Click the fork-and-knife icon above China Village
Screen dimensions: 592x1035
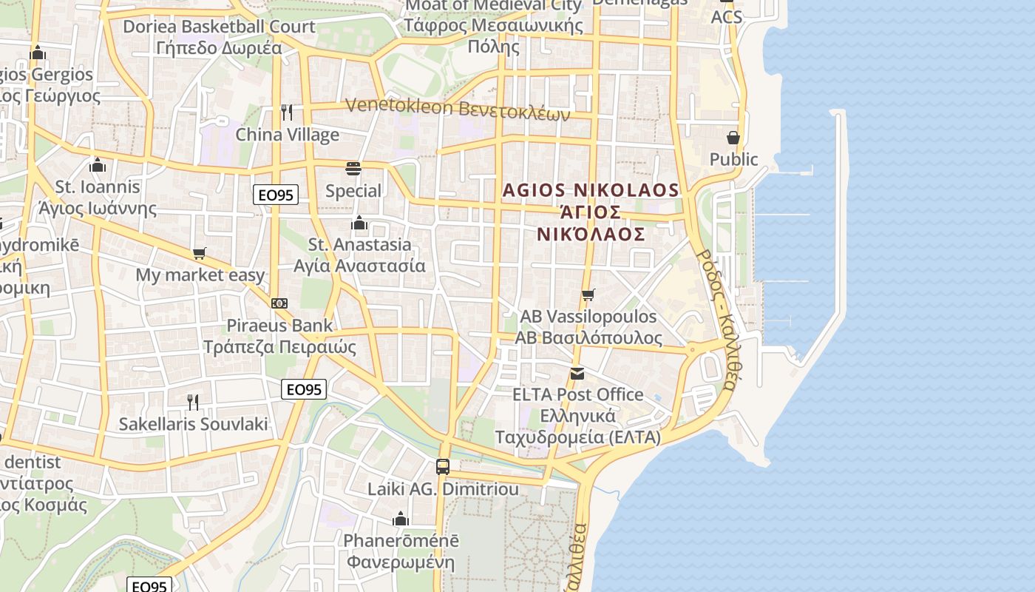coord(287,112)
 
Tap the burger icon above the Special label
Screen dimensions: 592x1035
coord(353,169)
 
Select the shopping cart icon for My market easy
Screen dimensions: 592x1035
coord(199,254)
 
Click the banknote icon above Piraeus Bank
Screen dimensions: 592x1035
coord(279,303)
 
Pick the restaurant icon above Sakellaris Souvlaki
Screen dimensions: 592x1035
coord(193,402)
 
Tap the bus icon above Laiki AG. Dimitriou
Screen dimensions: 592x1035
coord(443,467)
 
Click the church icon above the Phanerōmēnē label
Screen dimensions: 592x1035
coord(401,519)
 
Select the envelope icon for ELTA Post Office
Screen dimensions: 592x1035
coord(577,374)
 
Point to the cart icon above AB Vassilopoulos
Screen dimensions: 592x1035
coord(588,295)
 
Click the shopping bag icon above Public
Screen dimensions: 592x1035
coord(733,138)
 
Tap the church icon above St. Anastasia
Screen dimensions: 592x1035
coord(359,223)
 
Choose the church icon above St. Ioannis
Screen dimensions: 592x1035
coord(98,165)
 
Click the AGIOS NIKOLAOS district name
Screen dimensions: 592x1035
coord(590,190)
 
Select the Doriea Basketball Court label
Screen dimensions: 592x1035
coord(219,27)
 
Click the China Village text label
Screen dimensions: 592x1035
coord(287,135)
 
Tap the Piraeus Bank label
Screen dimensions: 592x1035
coord(279,326)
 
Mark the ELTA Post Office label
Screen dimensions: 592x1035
coord(578,394)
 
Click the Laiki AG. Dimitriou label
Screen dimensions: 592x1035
coord(443,489)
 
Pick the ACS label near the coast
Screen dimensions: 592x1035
coord(726,17)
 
